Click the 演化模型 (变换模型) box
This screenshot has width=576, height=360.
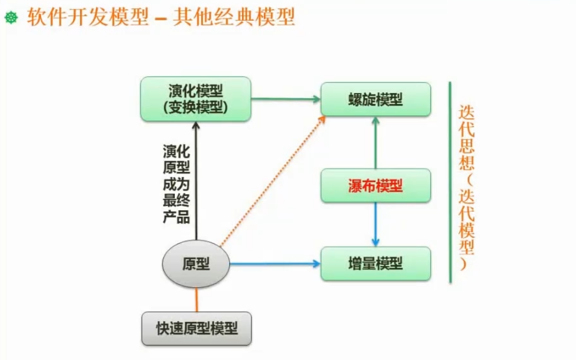point(195,99)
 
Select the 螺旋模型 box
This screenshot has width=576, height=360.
point(375,99)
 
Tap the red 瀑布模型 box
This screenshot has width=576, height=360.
point(375,185)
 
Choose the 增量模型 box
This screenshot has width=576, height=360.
point(375,264)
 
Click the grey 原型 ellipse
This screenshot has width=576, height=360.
point(196,264)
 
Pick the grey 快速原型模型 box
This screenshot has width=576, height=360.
point(196,328)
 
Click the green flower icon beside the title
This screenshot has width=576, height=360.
point(11,18)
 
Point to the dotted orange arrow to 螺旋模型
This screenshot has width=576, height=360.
point(272,181)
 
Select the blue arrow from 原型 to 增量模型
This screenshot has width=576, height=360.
point(275,264)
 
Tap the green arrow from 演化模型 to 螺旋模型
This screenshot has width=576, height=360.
point(285,99)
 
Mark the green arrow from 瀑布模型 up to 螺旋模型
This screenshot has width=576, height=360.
point(375,142)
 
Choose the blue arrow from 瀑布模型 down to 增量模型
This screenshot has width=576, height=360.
point(375,224)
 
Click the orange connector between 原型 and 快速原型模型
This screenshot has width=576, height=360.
point(196,300)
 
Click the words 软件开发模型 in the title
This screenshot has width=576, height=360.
point(87,18)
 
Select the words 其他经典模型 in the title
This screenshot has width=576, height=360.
point(234,18)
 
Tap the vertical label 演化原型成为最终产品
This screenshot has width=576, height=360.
point(176,184)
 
